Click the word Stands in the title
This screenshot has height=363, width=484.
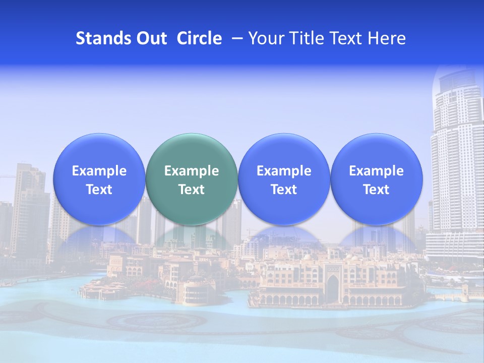coord(98,38)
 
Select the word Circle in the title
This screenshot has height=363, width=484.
coord(199,38)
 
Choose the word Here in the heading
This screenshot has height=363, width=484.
coord(386,38)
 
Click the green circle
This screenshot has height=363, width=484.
coord(192,179)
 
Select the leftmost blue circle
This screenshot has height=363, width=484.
coord(99,179)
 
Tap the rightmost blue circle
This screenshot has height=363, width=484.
coord(376,179)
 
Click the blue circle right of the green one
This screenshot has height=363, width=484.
coord(284,179)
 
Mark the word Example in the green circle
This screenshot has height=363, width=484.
coord(192,171)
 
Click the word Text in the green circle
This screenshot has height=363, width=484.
coord(192,190)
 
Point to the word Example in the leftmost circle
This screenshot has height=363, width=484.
coord(99,171)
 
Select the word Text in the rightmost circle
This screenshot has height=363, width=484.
coord(376,190)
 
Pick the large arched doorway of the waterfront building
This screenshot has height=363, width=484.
coord(332,287)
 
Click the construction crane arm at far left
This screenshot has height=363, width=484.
coord(8,176)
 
